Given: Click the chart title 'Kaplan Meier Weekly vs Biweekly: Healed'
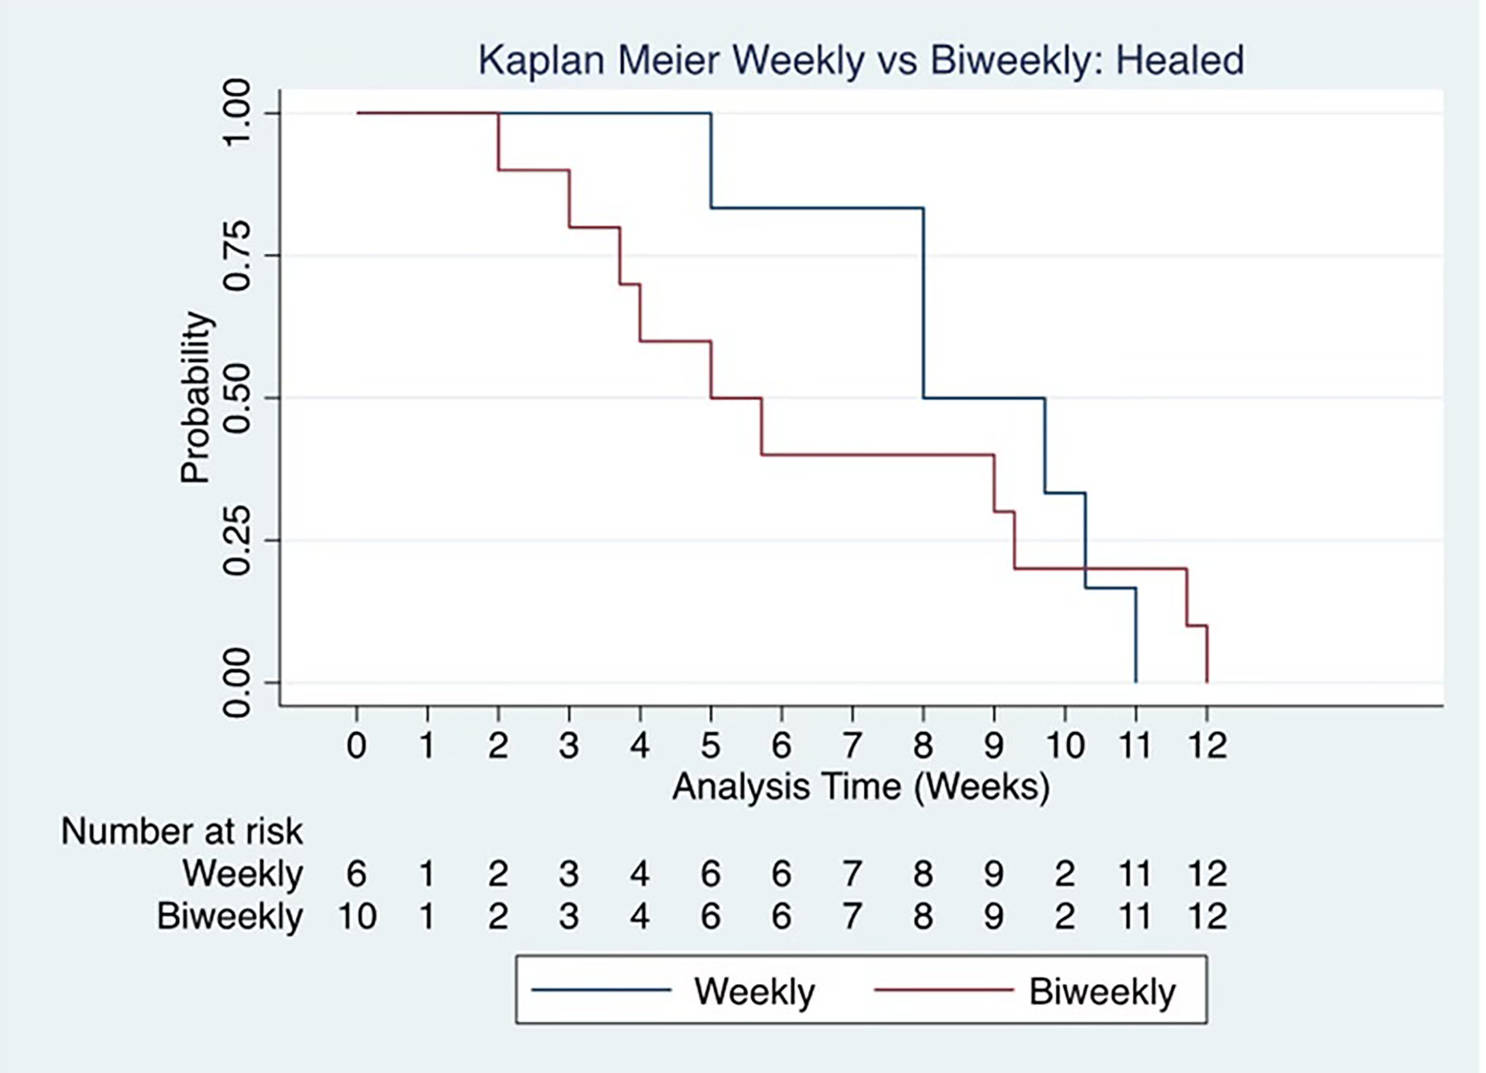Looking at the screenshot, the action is coord(861,60).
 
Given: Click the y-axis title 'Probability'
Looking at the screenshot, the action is coord(197,398).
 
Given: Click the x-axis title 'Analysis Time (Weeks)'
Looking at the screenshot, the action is coord(861,786).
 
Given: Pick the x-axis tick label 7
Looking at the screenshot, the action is coord(852,746).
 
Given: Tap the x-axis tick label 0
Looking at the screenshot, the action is coord(357,746).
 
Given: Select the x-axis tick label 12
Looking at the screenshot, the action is coord(1207,746).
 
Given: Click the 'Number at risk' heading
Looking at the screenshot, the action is coord(182,832).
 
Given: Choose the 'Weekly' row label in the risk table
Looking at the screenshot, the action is coord(243,874).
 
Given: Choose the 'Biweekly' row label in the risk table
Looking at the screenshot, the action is coord(230,916).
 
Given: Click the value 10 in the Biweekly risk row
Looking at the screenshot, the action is coord(357,916).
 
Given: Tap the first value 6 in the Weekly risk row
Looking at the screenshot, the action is coord(357,874).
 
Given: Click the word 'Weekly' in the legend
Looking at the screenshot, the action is coord(755,992).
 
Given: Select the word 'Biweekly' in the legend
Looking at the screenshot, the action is coord(1103,992).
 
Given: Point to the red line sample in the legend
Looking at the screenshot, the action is coord(944,990).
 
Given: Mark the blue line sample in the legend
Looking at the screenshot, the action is coord(602,990).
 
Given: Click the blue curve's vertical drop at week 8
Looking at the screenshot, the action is coord(923,302).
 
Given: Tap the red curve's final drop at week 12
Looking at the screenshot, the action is coord(1207,654).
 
